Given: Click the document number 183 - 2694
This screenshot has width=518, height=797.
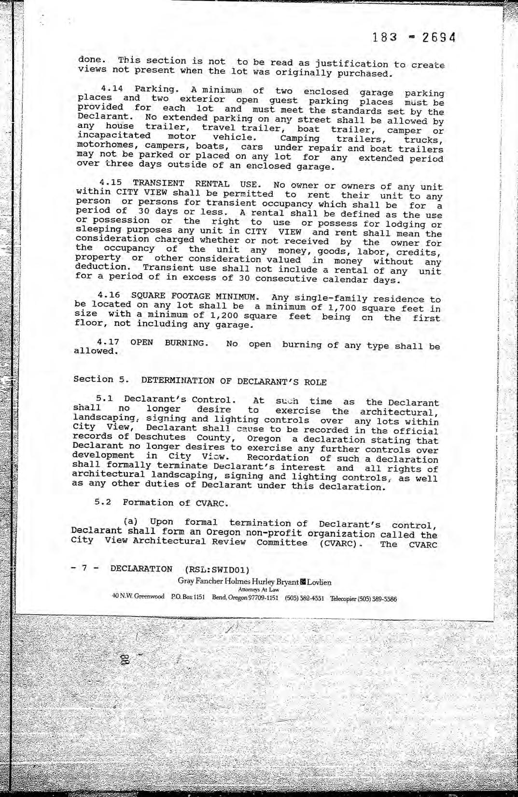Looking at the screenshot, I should click(x=414, y=38).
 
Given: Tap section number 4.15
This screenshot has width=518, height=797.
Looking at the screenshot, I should click(x=111, y=182).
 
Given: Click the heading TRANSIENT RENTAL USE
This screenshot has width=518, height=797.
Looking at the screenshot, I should click(x=196, y=183).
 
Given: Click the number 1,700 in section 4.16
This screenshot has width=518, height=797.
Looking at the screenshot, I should click(x=341, y=308).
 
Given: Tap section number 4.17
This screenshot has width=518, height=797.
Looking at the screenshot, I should click(x=108, y=342).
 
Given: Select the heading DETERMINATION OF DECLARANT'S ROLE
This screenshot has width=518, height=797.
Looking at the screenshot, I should click(x=234, y=381).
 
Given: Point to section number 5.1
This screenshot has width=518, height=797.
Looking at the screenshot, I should click(x=104, y=399).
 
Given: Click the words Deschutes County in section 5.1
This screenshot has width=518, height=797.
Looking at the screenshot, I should click(x=184, y=437).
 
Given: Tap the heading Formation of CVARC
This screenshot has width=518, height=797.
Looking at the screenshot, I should click(x=175, y=503).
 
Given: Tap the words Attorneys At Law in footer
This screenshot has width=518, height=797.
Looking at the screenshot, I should click(x=258, y=589).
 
